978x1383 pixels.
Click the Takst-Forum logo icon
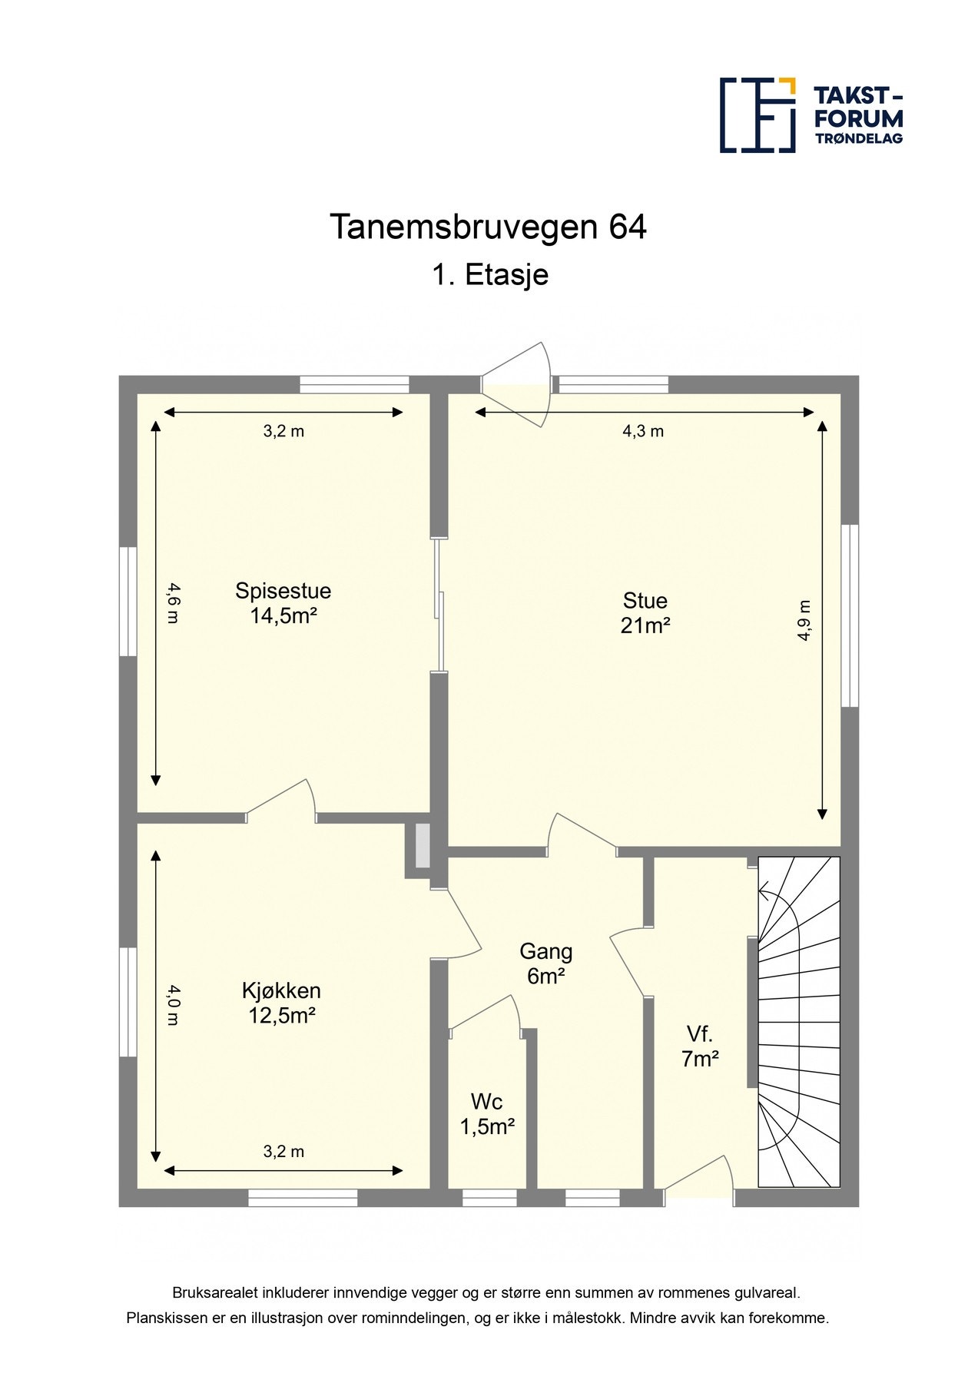tap(757, 114)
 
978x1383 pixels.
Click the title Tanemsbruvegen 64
tap(488, 227)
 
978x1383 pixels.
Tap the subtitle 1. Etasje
tap(489, 274)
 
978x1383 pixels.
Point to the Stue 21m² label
tap(645, 612)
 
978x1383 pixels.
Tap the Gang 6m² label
tap(545, 963)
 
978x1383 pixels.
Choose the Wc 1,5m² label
tap(487, 1113)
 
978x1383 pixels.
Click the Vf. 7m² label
tap(700, 1046)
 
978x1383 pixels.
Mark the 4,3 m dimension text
tap(642, 431)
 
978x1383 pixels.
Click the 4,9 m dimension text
tap(804, 619)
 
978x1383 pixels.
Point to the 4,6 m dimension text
tap(173, 603)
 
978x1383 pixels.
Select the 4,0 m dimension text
tap(173, 1005)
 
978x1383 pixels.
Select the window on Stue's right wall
tap(849, 615)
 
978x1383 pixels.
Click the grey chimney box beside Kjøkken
tap(422, 846)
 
